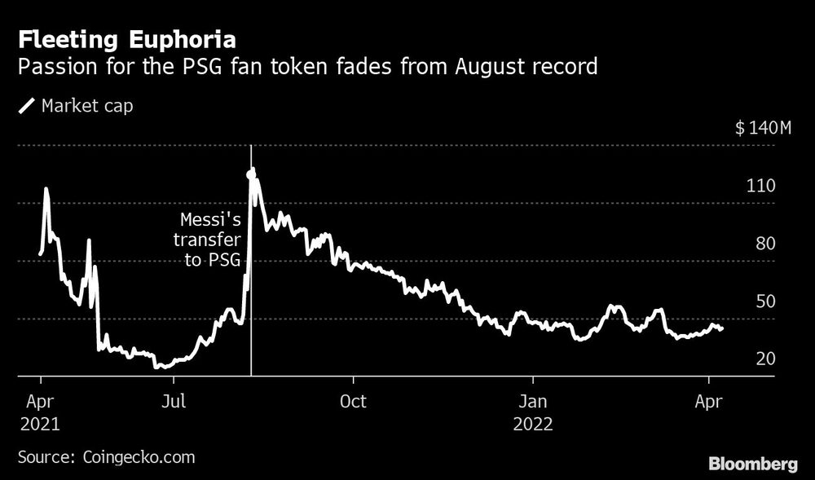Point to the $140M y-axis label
click(x=762, y=128)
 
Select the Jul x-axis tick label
click(x=172, y=401)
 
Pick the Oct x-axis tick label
click(x=353, y=401)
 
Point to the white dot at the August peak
click(x=251, y=173)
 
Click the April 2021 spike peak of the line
click(x=46, y=190)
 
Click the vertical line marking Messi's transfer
click(x=251, y=326)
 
